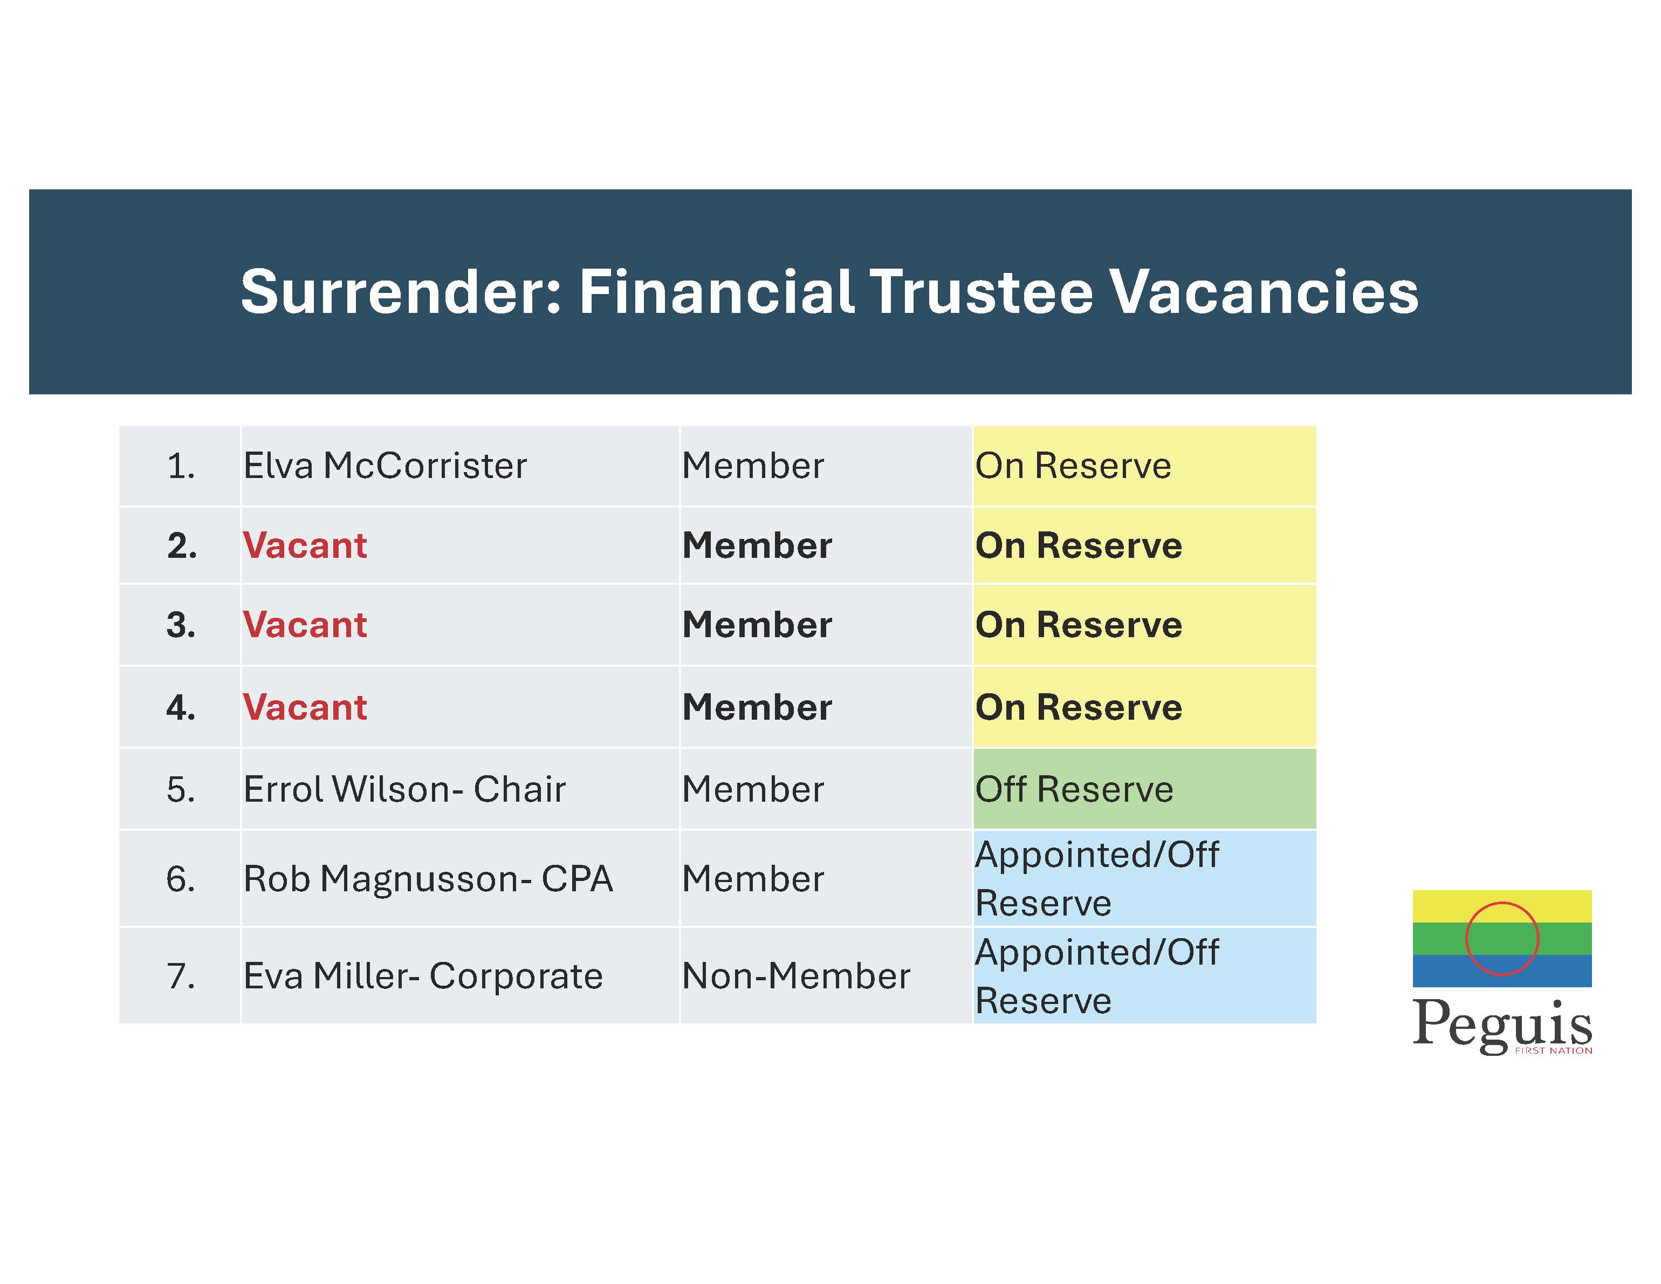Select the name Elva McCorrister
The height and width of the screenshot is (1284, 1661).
[x=385, y=466]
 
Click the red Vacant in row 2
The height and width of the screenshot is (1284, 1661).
[x=305, y=545]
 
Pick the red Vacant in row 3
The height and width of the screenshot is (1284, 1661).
[x=305, y=625]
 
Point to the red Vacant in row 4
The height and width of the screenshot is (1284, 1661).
[x=305, y=707]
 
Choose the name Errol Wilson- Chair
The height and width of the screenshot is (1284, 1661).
[x=404, y=789]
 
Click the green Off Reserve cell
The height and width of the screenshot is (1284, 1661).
[x=1144, y=789]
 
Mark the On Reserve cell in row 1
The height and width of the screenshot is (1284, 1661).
[x=1144, y=466]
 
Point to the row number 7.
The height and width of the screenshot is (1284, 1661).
[x=181, y=976]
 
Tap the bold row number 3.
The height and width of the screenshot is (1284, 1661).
[x=181, y=625]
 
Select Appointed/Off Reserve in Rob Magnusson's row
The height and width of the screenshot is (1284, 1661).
[x=1097, y=878]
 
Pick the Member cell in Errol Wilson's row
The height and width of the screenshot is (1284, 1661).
[x=753, y=789]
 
